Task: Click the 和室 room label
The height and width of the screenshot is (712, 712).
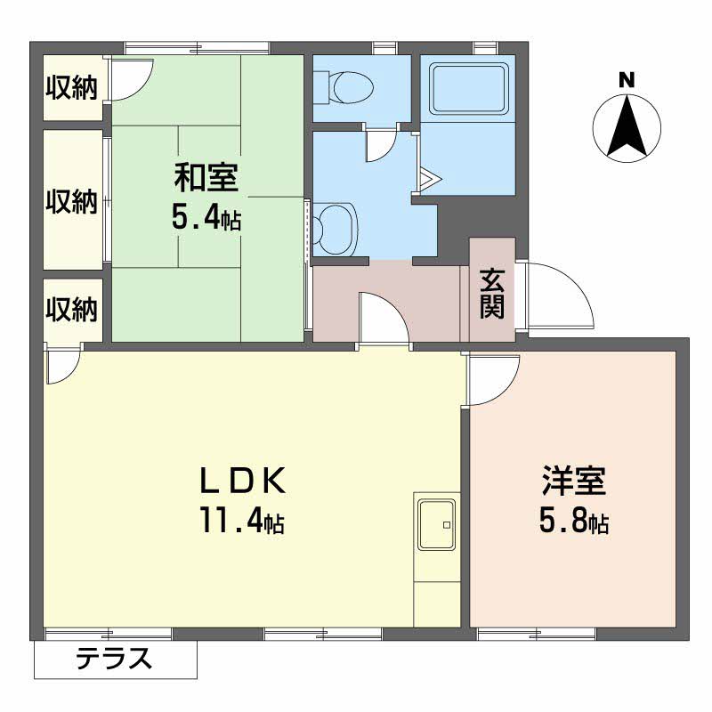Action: pyautogui.click(x=205, y=179)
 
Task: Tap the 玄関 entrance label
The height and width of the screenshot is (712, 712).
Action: pyautogui.click(x=492, y=293)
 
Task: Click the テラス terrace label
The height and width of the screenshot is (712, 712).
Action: pyautogui.click(x=113, y=659)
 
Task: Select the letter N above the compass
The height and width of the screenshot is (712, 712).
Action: pyautogui.click(x=627, y=80)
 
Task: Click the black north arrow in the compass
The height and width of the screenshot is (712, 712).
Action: pyautogui.click(x=627, y=124)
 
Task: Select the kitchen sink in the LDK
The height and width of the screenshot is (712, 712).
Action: pyautogui.click(x=435, y=525)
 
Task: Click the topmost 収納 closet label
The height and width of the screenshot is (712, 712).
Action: pyautogui.click(x=72, y=88)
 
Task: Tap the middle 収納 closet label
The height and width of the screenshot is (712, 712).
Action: pyautogui.click(x=72, y=202)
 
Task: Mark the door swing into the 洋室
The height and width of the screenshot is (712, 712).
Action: pyautogui.click(x=491, y=376)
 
